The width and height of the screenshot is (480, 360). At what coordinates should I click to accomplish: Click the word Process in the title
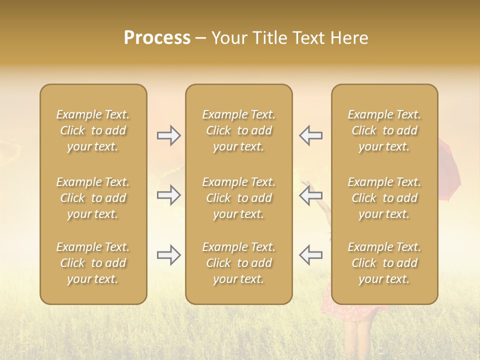pos(157,38)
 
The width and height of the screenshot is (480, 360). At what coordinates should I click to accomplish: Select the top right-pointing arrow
pos(168,135)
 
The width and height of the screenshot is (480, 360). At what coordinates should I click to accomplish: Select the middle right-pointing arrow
pos(168,194)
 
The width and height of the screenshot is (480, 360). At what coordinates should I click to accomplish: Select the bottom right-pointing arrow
pos(168,254)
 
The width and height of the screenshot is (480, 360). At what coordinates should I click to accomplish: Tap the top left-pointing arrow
pos(310,135)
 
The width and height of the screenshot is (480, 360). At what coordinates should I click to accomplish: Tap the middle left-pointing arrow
pos(310,194)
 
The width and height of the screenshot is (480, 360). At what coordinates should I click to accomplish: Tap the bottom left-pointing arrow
pos(310,254)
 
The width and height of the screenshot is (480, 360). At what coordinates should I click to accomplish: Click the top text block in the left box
pos(93,130)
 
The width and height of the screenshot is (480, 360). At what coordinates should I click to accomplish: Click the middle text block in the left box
pos(93,198)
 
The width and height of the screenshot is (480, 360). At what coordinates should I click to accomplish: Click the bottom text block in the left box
pos(93,263)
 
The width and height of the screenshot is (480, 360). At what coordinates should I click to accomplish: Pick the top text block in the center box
pos(239,130)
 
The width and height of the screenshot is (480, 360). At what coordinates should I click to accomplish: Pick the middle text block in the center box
pos(239,198)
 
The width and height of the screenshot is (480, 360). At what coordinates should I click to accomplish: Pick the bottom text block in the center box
pos(239,263)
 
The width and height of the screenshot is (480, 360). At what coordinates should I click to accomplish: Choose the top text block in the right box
pos(384,130)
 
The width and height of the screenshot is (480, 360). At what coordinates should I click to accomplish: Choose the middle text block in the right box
pos(384,198)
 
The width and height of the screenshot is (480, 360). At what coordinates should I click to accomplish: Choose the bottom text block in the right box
pos(384,263)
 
